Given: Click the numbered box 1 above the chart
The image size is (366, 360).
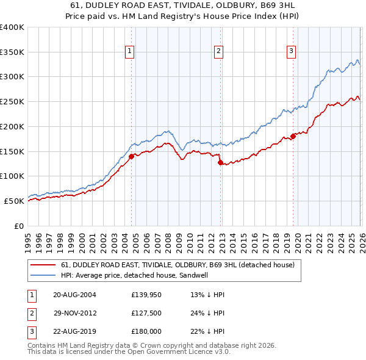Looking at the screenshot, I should pos(131,52).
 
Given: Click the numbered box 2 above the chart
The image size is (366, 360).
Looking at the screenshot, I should pos(218,52).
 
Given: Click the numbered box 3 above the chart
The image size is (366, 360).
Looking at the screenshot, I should pos(292,52).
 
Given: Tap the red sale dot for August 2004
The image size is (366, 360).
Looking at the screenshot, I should pos(131,156).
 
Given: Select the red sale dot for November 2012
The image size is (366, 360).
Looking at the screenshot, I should pos(220,162).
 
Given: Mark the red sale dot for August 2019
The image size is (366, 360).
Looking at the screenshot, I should pos(293,136).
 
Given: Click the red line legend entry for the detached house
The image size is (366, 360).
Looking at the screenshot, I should pos(178,265).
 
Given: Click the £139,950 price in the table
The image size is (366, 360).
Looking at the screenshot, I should pos(146,295).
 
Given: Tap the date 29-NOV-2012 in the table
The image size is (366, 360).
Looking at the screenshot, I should pos(74,314).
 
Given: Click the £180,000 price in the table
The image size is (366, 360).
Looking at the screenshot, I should pos(146,333).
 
